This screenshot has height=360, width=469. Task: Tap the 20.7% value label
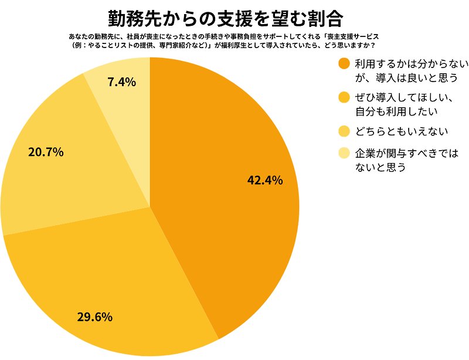[x=46, y=152]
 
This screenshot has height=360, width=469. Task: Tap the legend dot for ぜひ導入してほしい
[x=344, y=97]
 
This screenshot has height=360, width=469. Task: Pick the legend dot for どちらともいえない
[x=344, y=130]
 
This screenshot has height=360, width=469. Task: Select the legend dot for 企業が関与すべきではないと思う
[x=344, y=154]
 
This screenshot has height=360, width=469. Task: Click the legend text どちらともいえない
[x=397, y=130]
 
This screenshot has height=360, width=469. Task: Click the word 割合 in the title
[x=325, y=18]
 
